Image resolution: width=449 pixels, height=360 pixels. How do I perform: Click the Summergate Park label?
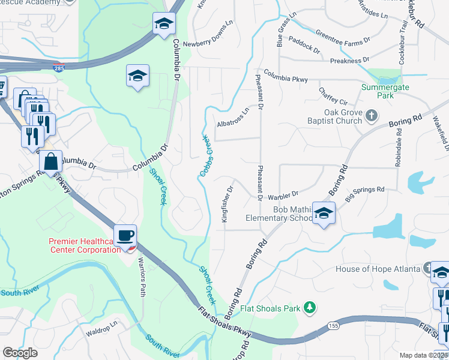tap(378, 91)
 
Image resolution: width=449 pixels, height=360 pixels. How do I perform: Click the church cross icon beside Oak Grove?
tap(372, 114)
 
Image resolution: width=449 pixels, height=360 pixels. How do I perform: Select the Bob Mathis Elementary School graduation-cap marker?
tap(324, 214)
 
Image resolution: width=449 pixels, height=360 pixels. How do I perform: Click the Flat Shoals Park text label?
tap(270, 309)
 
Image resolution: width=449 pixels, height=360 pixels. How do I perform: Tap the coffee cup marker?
tap(125, 235)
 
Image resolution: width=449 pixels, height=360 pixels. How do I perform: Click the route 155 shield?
tap(334, 325)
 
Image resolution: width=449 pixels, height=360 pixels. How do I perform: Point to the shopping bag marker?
tap(51, 160)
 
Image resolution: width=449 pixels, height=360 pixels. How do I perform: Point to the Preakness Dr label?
tap(350, 61)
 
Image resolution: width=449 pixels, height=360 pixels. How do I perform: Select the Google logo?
tap(20, 353)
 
